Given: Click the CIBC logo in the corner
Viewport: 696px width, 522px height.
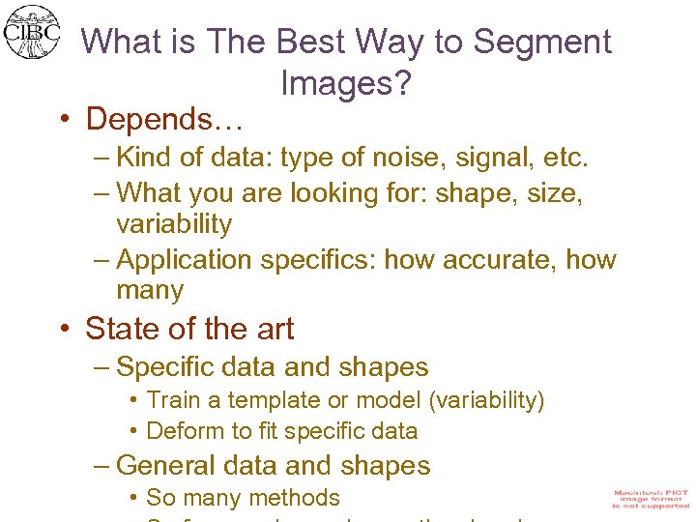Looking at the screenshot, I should (31, 32).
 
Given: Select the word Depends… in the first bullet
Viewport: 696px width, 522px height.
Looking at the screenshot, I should (164, 120).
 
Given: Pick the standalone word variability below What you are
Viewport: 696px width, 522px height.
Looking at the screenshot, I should (174, 224).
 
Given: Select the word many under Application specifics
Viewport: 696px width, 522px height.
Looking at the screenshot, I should (150, 290).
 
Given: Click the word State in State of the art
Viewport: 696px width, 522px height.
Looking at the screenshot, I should (123, 329).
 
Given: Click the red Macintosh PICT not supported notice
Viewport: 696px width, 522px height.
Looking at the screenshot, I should (651, 499).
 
